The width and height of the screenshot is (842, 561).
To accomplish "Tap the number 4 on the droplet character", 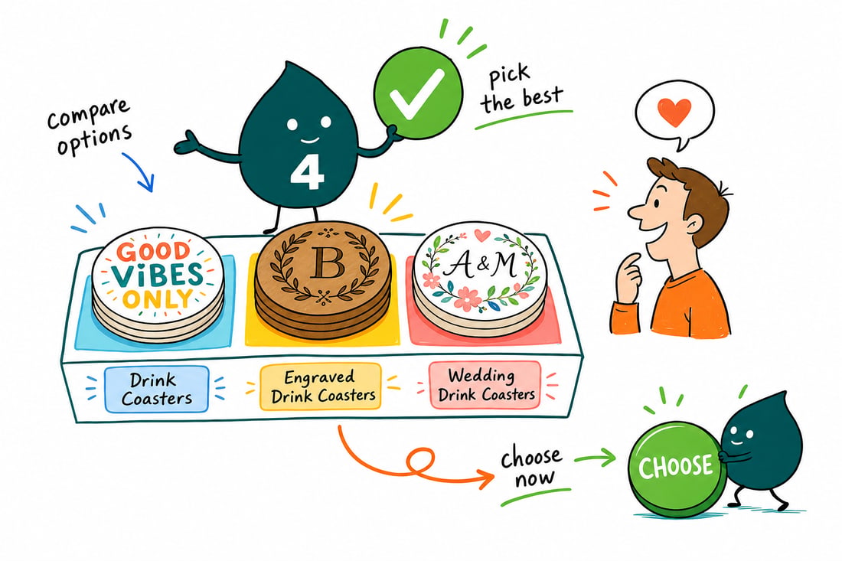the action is click(307, 173).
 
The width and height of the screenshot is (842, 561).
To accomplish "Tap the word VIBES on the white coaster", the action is click(157, 274).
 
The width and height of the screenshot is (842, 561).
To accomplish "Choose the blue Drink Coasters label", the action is click(156, 390).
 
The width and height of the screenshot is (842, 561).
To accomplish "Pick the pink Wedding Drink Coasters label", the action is click(485, 385).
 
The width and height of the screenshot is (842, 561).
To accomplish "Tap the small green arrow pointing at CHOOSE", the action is click(596, 458).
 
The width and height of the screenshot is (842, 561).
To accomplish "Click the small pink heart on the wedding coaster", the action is click(482, 235).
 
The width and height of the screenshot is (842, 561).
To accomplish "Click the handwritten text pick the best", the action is click(521, 89).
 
